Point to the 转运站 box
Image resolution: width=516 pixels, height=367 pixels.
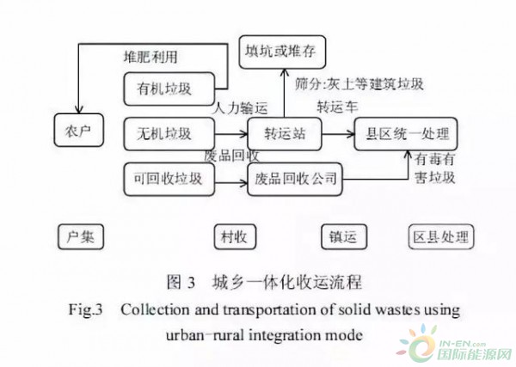(x=284, y=134)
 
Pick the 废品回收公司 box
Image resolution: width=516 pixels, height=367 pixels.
(x=294, y=180)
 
